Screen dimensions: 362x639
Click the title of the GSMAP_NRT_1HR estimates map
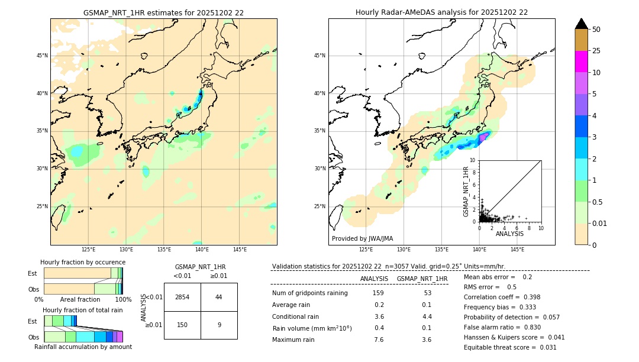(163, 12)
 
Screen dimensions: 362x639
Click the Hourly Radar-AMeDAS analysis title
(441, 12)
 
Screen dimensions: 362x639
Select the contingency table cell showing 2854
(182, 297)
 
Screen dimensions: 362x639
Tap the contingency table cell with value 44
(219, 297)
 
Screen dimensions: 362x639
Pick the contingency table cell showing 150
(182, 325)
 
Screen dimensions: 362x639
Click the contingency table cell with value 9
(219, 325)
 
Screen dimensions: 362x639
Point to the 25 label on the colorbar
(596, 51)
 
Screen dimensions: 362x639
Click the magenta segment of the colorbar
(581, 62)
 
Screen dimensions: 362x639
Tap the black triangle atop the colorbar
(581, 24)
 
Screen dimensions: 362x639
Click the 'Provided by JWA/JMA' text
(362, 239)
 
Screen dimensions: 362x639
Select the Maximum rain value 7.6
(379, 340)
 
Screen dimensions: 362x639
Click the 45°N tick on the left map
(42, 56)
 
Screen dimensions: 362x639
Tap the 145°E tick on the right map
(517, 250)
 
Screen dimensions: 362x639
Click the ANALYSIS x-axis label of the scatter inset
(509, 234)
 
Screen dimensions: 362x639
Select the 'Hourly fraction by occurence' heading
(83, 262)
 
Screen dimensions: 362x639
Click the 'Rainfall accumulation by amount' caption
(83, 347)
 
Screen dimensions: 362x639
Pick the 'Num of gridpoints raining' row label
(309, 293)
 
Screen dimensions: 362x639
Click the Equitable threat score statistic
(510, 347)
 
